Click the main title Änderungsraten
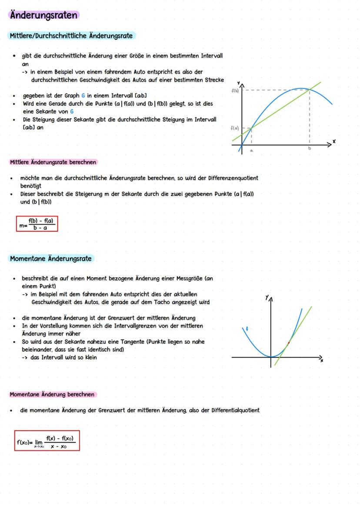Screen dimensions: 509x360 click(43, 15)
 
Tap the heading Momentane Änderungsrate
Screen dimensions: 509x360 click(51, 259)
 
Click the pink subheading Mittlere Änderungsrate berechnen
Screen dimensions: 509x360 click(53, 162)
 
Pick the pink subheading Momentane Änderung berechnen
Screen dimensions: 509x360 click(52, 395)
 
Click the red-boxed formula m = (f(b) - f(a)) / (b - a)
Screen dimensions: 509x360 click(37, 224)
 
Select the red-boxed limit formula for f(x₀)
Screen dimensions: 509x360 click(47, 441)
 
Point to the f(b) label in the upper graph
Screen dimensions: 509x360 click(235, 90)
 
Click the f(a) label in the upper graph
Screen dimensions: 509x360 click(234, 128)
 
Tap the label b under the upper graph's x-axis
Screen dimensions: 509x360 click(310, 149)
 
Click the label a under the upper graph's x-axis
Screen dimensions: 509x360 click(251, 150)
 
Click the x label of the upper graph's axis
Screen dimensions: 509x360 click(334, 142)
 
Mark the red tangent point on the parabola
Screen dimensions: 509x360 click(288, 343)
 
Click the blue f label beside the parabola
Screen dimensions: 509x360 click(247, 329)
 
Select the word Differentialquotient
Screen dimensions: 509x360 click(235, 410)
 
